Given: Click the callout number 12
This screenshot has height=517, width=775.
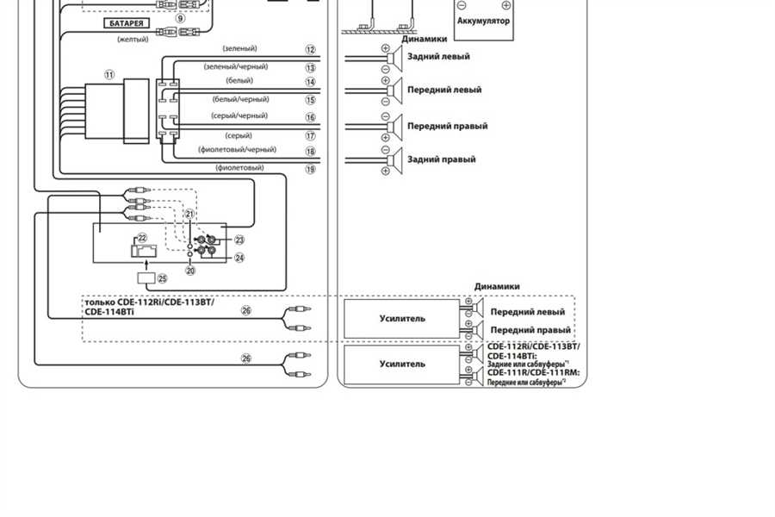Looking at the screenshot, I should pos(310,51).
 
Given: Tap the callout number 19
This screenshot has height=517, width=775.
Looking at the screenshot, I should pos(310,170).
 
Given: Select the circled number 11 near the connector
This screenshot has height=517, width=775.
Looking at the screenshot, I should pos(109,75).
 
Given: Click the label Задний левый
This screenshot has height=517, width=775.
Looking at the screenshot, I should pos(438,57).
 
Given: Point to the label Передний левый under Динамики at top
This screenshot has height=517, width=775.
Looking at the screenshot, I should pos(443,90).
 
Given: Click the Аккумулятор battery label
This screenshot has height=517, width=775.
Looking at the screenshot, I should pos(483,20).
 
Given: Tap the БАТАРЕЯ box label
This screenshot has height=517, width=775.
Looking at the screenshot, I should pos(126,22).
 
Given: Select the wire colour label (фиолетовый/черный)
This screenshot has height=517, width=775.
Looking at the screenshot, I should pos(238,149).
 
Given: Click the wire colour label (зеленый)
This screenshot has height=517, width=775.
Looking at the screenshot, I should pos(239,49).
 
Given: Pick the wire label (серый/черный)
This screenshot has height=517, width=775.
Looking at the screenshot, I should pos(239,115).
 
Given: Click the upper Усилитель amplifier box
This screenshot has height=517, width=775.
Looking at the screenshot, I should pos(402,319).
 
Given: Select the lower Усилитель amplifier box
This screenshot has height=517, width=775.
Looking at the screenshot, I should pos(402,364).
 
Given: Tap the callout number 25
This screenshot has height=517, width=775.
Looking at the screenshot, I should pos(161,279).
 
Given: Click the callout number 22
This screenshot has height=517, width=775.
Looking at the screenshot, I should pos(142,237).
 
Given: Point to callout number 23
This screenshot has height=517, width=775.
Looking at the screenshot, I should pos(239,240).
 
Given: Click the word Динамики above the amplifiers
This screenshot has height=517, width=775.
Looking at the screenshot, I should pos(497,286).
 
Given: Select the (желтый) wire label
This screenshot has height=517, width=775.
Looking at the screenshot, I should pos(133,39).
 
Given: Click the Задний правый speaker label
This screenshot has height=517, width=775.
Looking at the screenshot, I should pos(442,159).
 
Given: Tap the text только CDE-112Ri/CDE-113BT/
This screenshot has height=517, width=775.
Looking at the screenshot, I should pos(149,302).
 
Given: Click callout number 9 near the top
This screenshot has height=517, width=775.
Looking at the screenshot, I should pos(180,17).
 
